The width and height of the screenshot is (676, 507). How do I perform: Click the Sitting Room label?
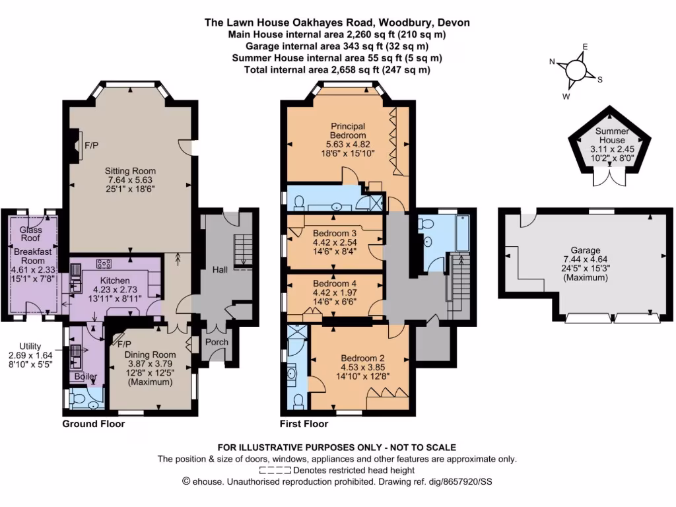coord(133,171)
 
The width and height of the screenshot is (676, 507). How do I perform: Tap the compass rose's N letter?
coord(552,61)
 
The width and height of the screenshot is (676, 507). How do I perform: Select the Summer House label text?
coord(610,136)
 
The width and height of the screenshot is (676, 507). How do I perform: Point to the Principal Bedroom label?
coord(348,130)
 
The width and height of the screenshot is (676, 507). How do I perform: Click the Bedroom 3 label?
coord(335,234)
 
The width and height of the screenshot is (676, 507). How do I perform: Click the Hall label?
coord(220,269)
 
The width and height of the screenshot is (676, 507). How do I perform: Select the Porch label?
coord(216,342)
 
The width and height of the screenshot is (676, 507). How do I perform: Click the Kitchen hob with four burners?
coord(104,264)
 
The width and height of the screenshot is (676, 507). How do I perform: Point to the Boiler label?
coord(85,377)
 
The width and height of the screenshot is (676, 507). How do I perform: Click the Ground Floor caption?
coord(93,424)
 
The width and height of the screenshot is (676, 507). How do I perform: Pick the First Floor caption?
coord(304,424)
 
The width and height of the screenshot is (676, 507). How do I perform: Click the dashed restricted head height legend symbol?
coord(275,471)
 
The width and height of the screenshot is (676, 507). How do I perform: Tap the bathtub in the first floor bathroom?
coord(463,233)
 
